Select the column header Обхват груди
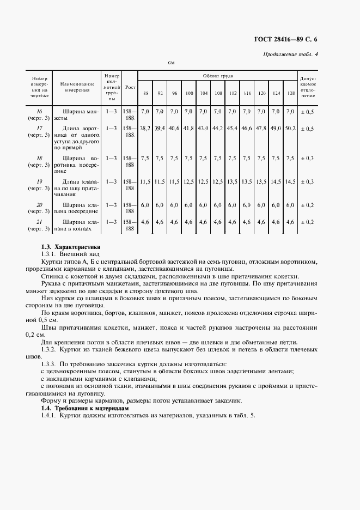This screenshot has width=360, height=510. [218, 76]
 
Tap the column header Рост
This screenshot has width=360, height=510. [130, 87]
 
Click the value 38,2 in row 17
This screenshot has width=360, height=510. [145, 129]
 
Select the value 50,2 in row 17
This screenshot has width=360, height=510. [290, 129]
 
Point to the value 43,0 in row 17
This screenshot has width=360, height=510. [203, 129]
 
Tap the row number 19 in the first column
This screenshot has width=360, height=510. [39, 181]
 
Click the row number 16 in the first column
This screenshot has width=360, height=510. [39, 111]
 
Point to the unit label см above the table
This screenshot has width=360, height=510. [170, 63]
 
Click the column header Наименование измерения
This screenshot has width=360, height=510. [78, 87]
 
